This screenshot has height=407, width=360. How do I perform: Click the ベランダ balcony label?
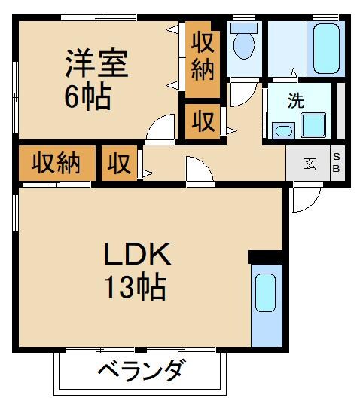coord(140,371)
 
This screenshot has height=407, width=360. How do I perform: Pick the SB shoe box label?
coord(337,162)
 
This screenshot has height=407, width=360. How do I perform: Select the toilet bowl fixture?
coord(244,43)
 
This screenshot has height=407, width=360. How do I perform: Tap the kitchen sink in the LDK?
coord(266,293)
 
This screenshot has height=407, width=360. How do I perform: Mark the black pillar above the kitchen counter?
coord(265,257)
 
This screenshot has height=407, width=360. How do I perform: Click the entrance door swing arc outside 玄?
coord(305,197)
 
